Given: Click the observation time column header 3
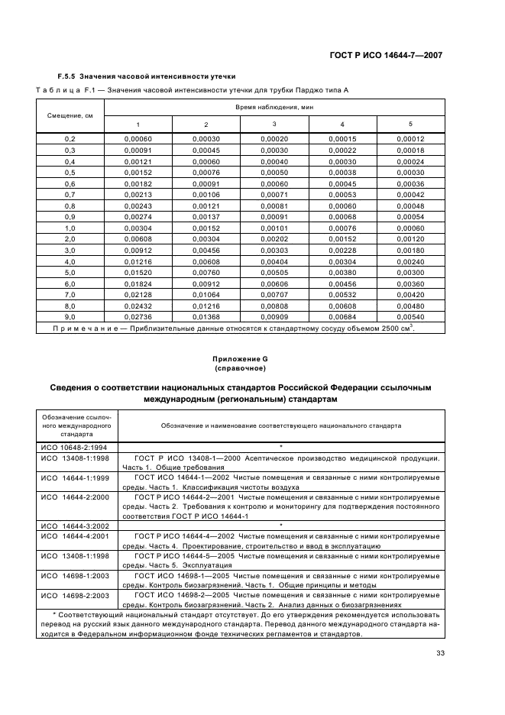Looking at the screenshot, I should click(x=274, y=125).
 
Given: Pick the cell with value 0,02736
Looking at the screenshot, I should click(x=138, y=316).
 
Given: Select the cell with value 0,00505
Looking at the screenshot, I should click(x=274, y=271).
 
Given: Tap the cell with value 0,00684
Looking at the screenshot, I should click(x=342, y=316).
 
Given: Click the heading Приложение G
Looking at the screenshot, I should click(x=252, y=359).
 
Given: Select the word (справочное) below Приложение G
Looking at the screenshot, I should click(x=252, y=369).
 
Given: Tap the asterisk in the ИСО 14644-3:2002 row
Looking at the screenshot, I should click(x=281, y=526).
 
